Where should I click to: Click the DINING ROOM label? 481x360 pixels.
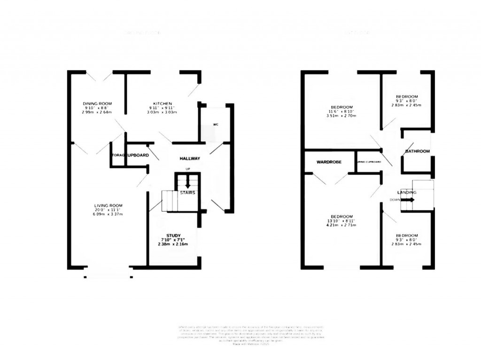(x=97, y=104)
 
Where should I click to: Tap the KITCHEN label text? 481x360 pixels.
(x=163, y=104)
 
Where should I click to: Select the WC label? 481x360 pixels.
(x=216, y=125)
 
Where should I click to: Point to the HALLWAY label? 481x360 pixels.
(x=190, y=159)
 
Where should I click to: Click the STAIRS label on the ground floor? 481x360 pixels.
(x=187, y=192)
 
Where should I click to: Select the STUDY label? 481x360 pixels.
(x=173, y=235)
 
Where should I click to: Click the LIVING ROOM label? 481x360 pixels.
(x=108, y=205)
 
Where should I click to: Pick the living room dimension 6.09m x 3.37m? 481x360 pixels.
(x=108, y=214)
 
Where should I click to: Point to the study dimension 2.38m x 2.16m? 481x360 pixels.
(x=173, y=245)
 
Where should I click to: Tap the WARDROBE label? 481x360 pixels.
(x=328, y=162)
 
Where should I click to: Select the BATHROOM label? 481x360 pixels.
(x=418, y=151)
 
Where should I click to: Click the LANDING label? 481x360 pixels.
(x=406, y=192)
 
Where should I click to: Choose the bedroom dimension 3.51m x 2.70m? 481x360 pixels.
(x=341, y=116)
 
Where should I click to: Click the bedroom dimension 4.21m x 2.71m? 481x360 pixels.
(x=341, y=225)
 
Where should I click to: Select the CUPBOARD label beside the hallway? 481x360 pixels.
(x=138, y=155)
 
